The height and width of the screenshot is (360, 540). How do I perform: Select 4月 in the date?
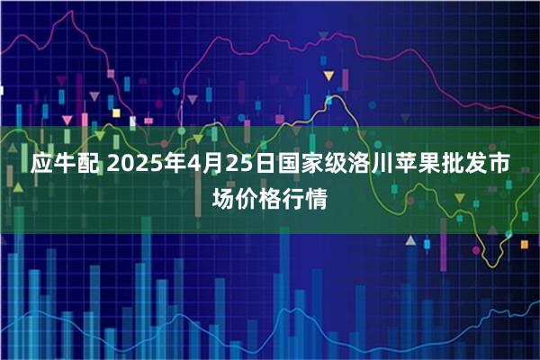[201, 166]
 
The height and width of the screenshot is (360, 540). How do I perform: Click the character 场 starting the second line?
[223, 197]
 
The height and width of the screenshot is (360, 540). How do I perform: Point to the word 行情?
[305, 197]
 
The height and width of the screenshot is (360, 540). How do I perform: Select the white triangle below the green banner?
[410, 241]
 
